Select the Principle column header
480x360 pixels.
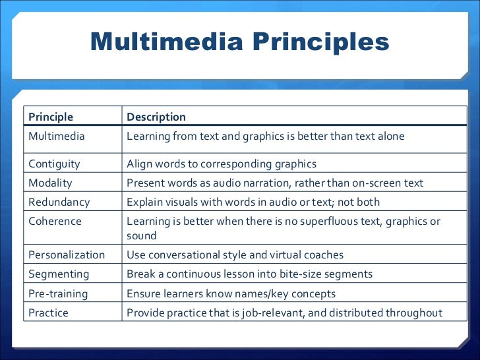(51, 117)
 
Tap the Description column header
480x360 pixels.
(156, 117)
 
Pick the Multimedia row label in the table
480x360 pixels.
(57, 136)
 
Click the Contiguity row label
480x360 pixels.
(54, 164)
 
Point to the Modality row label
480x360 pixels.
(50, 183)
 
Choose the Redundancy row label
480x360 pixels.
(59, 202)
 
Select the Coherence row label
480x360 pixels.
(55, 221)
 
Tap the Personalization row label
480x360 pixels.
(67, 255)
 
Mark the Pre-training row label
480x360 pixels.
(58, 293)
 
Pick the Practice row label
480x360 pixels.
(48, 313)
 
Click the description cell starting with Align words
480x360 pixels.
(222, 164)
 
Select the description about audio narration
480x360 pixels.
(275, 183)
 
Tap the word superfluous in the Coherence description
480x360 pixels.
(331, 221)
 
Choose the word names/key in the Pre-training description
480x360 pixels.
(263, 293)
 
